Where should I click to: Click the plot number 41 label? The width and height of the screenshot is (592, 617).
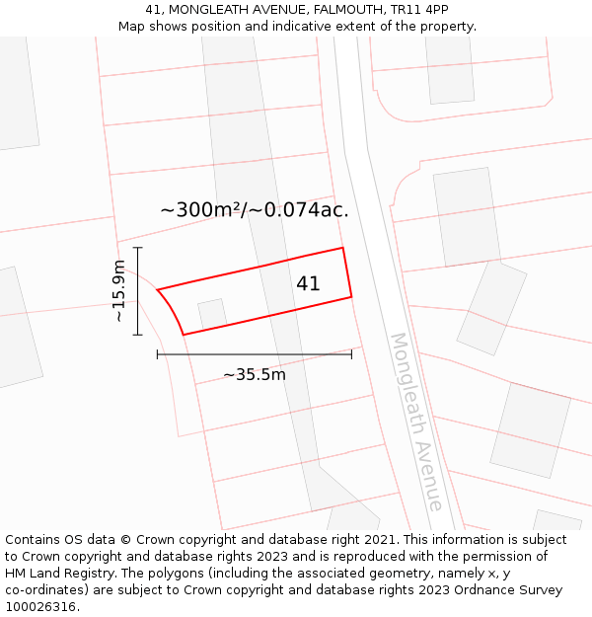click(308, 283)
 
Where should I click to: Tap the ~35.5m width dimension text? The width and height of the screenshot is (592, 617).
click(254, 374)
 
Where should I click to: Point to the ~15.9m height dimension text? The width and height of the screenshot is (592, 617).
click(118, 291)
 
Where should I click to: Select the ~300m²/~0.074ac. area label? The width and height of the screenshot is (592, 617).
click(255, 209)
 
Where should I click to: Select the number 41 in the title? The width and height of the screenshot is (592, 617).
click(153, 9)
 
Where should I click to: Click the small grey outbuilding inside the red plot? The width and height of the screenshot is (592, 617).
click(212, 314)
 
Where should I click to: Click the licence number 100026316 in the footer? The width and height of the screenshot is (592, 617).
click(40, 607)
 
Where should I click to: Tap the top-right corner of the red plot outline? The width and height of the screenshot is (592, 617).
click(342, 248)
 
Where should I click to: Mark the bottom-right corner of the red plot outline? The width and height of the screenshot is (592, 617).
click(351, 295)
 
